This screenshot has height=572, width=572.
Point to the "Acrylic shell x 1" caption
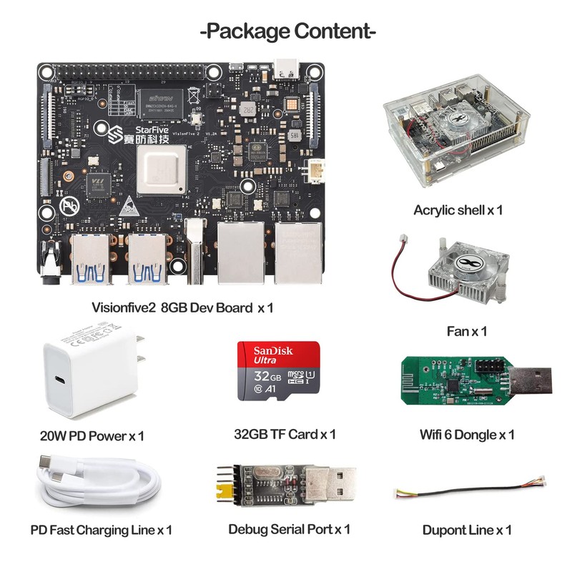(458, 210)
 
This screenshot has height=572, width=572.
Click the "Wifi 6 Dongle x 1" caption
(467, 434)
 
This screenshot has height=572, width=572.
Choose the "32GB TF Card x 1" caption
(285, 434)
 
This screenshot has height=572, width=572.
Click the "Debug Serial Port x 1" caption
(289, 529)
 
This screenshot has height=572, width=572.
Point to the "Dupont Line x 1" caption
(467, 530)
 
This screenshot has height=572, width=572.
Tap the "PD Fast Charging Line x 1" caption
(101, 530)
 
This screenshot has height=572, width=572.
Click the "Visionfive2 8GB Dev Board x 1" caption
(183, 308)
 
